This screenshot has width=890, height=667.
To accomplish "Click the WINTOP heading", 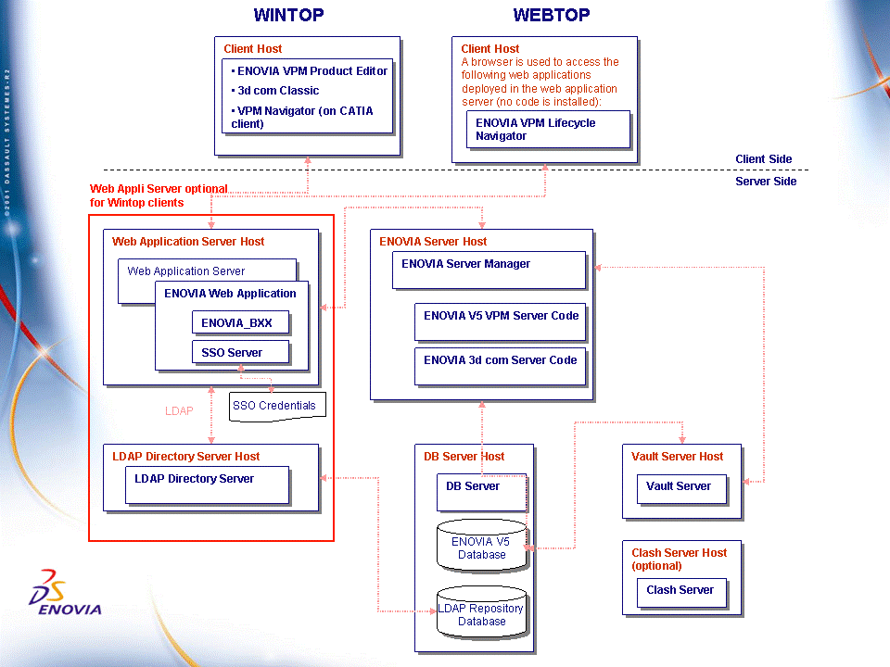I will (289, 15).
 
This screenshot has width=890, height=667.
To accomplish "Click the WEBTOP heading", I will (552, 15).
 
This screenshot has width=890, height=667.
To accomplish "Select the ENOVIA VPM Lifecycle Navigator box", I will (547, 130).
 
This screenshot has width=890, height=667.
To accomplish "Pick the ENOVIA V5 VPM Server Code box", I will (501, 321).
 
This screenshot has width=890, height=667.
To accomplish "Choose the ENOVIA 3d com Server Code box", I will (501, 365).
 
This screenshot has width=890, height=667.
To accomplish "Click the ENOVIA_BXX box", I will (241, 323).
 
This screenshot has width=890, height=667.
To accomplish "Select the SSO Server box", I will (241, 353).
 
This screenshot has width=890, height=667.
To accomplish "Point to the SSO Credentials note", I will (274, 406).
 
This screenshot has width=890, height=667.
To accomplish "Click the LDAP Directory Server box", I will (207, 484).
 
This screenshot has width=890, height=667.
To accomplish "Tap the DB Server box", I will (480, 491).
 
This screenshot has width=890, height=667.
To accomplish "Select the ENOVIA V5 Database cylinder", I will (481, 547).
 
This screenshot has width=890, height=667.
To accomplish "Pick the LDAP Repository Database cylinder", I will (481, 613).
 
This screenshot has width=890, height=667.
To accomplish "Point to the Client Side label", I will (764, 159).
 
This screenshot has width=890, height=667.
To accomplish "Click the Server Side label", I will (766, 182).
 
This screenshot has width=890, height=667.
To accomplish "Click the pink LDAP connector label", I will (179, 410).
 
